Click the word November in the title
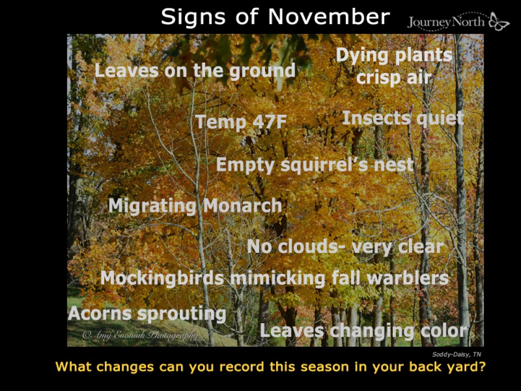click(x=329, y=17)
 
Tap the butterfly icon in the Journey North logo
click(x=499, y=22)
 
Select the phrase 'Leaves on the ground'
click(x=195, y=71)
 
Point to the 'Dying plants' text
click(x=394, y=55)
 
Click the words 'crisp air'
click(x=394, y=77)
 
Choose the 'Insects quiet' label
click(x=402, y=118)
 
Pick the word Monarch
click(x=242, y=206)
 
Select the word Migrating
click(x=152, y=206)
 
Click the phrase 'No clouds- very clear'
click(x=345, y=247)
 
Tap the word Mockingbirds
click(x=162, y=278)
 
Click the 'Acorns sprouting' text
click(x=147, y=314)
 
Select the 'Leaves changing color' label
click(x=364, y=331)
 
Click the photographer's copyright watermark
click(x=140, y=336)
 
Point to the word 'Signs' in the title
click(x=188, y=17)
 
